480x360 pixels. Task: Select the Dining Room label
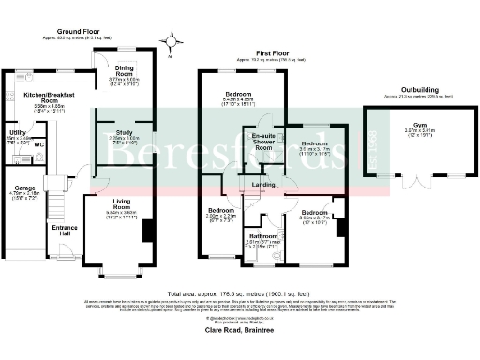(x=125, y=68)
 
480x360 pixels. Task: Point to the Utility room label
(x=16, y=133)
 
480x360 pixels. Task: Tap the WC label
(x=38, y=145)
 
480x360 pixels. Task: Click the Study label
(x=125, y=132)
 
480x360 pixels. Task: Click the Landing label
(x=263, y=184)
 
